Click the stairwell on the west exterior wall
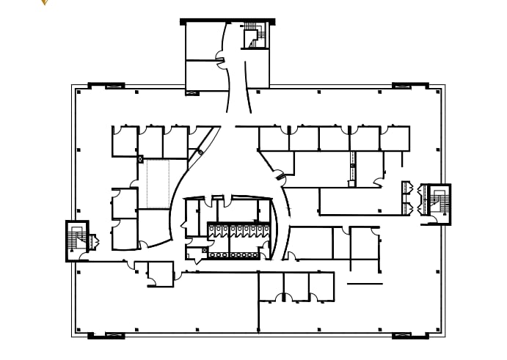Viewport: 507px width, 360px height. (76, 240)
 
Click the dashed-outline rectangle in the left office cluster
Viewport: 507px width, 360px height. (157, 183)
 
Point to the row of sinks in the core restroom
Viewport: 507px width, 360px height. (233, 255)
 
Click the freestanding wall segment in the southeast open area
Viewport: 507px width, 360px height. (365, 284)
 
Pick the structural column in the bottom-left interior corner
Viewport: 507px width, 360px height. (79, 329)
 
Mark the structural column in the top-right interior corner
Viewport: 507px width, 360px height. (439, 92)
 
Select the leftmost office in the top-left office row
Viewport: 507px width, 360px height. (125, 142)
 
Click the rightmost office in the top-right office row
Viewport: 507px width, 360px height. (395, 139)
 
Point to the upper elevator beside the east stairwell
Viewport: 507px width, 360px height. (406, 189)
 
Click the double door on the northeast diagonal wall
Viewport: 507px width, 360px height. (279, 175)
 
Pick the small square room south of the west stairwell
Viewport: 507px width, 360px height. (159, 273)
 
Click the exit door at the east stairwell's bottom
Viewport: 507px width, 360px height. (433, 219)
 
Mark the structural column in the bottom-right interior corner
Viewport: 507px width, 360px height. (439, 329)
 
